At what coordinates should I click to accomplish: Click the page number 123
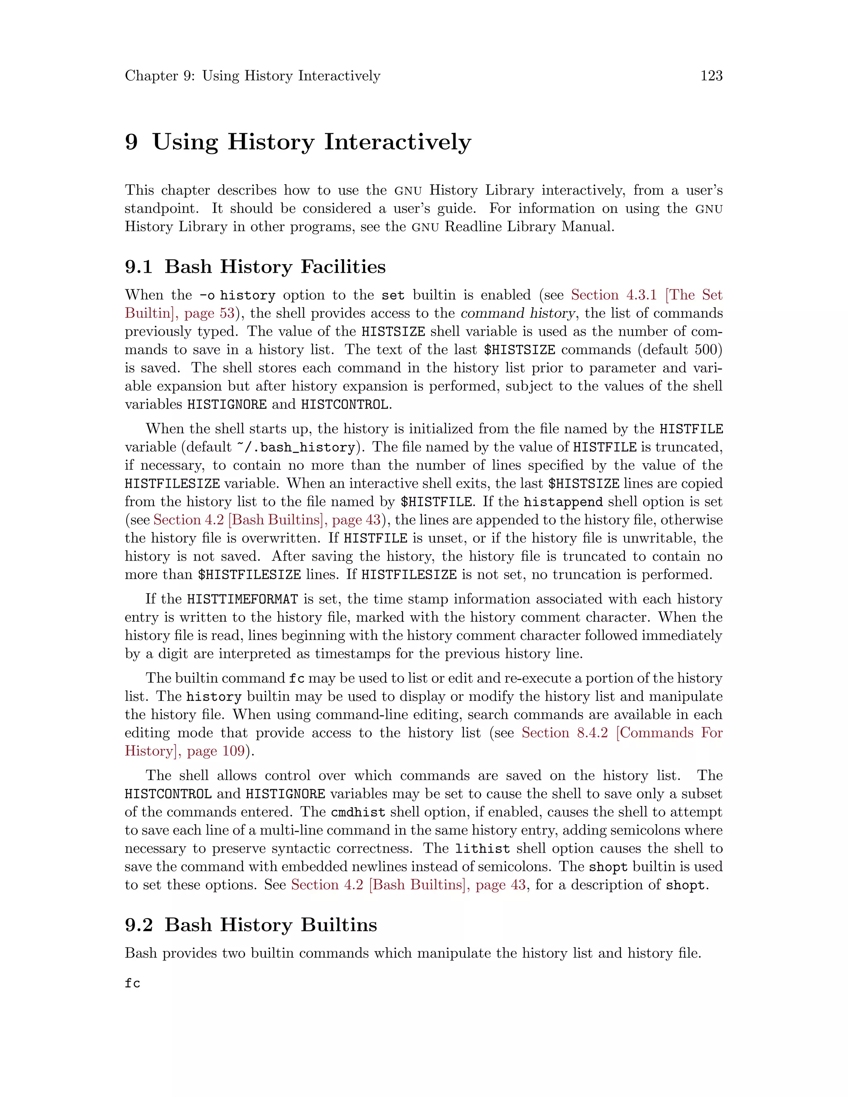coord(711,76)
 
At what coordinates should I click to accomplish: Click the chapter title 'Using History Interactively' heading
coord(311,142)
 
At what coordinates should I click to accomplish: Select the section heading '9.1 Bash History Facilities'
coord(255,267)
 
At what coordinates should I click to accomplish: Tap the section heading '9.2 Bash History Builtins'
coord(251,925)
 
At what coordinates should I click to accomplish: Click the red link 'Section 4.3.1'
coord(613,295)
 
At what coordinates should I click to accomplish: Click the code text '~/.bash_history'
coord(295,447)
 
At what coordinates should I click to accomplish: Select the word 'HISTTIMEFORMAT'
coord(242,599)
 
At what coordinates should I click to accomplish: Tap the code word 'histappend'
coord(563,502)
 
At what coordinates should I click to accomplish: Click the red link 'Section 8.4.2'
coord(564,733)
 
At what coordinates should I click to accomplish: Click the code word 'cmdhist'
coord(358,812)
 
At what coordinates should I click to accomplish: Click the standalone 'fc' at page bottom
coord(132,983)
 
